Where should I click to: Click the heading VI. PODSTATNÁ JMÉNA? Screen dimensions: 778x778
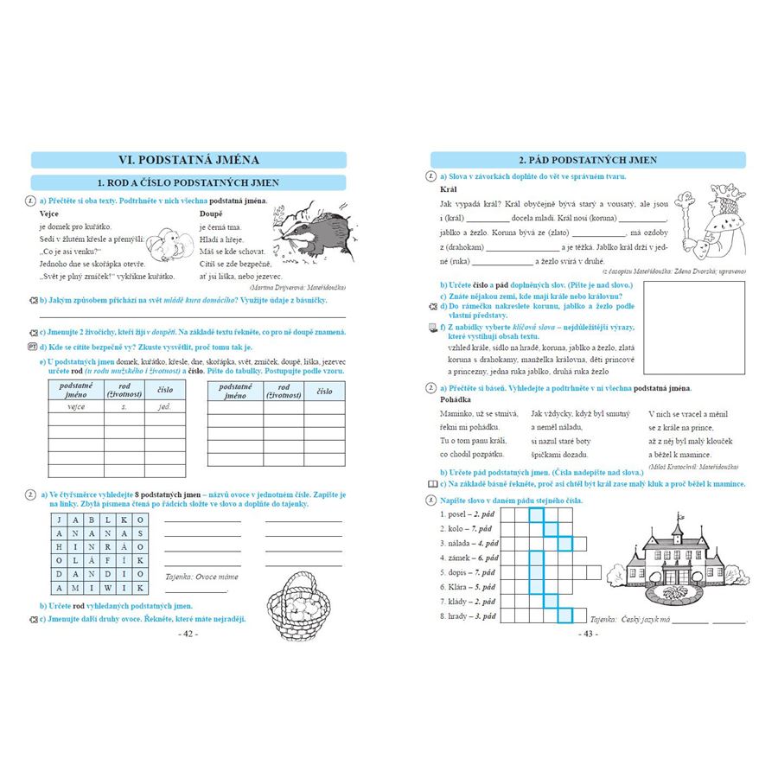(x=188, y=160)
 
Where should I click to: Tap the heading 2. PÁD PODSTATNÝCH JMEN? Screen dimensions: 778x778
(x=587, y=160)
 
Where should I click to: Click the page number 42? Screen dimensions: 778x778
(x=188, y=634)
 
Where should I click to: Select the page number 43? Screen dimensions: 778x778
(x=587, y=634)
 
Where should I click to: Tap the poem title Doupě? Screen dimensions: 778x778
(x=212, y=214)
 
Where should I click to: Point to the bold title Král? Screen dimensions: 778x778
(x=449, y=188)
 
